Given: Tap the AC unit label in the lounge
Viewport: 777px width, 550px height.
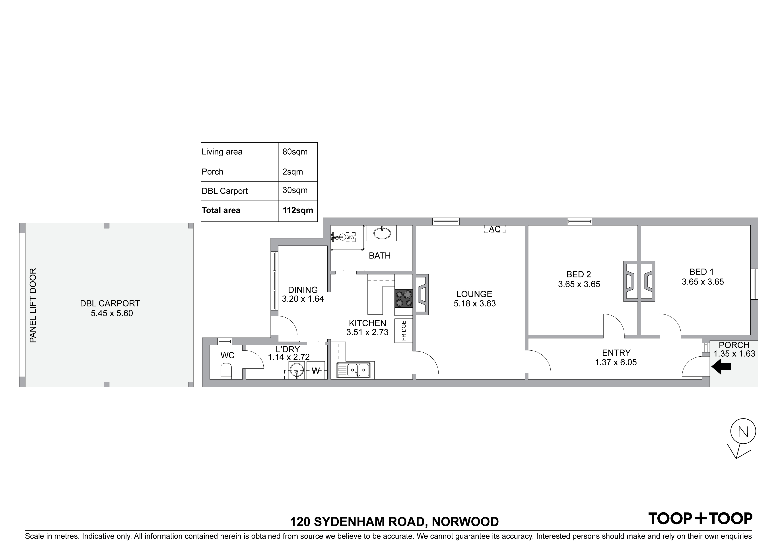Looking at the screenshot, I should [494, 229].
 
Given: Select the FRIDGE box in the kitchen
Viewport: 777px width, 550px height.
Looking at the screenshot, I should [403, 330].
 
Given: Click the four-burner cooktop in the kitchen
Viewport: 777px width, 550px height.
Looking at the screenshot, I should [403, 299].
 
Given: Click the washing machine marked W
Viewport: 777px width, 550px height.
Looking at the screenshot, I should [315, 371].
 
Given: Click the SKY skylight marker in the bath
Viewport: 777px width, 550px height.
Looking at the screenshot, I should [350, 237].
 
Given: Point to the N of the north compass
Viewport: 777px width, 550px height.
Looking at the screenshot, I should [743, 432].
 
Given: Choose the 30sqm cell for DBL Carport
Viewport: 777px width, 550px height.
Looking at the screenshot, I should [295, 191].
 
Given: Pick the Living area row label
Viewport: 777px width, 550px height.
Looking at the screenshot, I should [222, 152].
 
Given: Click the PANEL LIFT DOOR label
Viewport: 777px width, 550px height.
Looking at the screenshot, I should [33, 305].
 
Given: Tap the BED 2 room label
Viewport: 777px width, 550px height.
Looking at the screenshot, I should [578, 274].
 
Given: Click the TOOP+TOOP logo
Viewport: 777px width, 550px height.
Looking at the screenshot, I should [700, 519].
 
